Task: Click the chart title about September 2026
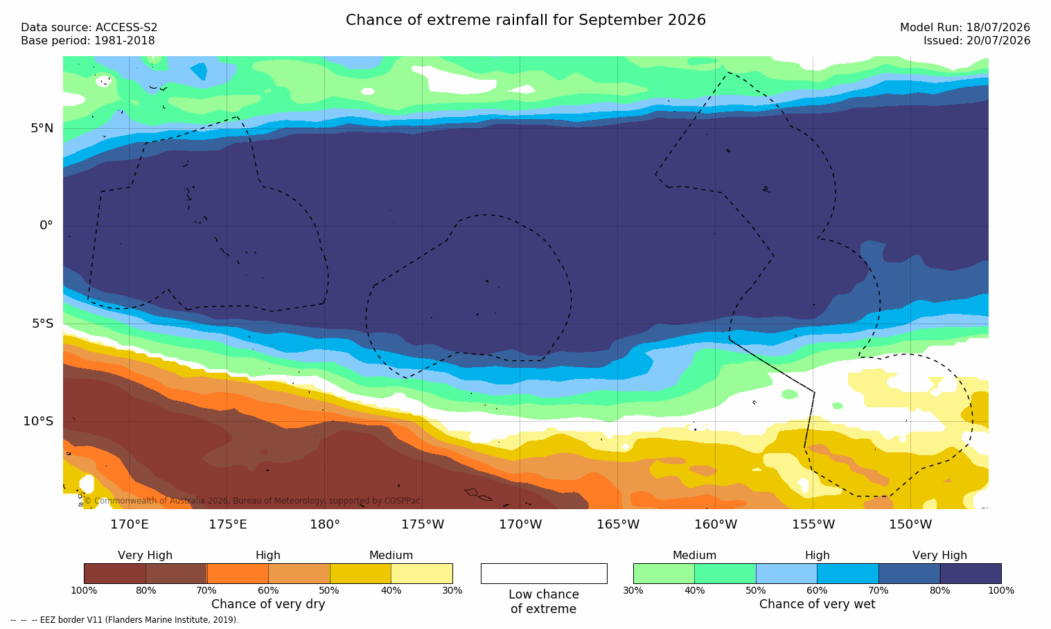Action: pos(525,20)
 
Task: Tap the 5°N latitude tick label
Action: pos(42,128)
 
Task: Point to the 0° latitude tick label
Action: pos(46,226)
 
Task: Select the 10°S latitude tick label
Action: pos(38,421)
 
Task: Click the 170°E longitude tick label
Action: pos(130,524)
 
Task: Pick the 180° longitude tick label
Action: pos(325,524)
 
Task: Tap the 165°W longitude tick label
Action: pos(618,524)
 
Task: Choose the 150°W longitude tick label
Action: pos(911,524)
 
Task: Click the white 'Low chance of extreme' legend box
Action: pos(544,574)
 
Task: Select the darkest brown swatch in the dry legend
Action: pos(115,574)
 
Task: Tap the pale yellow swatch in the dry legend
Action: pos(422,574)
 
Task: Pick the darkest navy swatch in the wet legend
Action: pos(971,574)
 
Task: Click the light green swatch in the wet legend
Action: pos(664,574)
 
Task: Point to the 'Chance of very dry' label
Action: pos(268,604)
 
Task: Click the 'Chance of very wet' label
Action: pos(817,604)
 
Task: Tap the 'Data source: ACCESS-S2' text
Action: pos(89,28)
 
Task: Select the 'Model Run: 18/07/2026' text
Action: pos(964,28)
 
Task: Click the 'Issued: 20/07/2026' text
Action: pos(977,41)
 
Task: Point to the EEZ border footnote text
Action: pos(124,619)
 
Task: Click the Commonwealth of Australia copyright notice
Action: pos(252,501)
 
